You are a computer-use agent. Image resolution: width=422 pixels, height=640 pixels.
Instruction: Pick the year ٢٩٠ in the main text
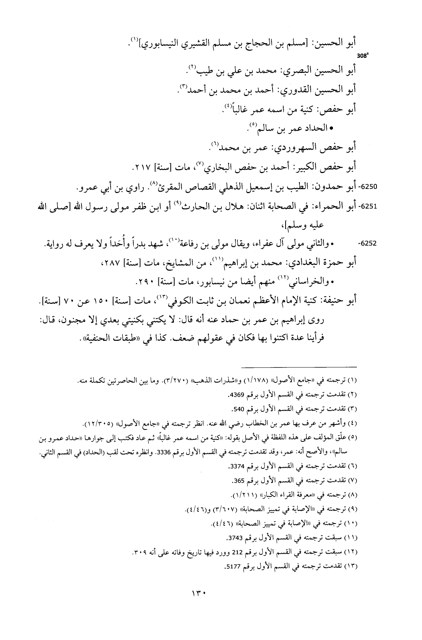(145, 283)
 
